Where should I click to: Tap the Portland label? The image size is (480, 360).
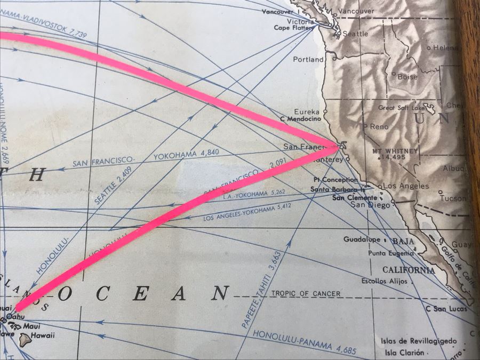click(308, 59)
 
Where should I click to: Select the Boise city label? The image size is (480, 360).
click(407, 77)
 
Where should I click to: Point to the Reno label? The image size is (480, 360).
click(379, 127)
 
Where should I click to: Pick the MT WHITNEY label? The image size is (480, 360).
click(395, 151)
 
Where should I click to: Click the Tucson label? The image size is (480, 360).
click(453, 198)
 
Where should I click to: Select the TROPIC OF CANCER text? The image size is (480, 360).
click(306, 294)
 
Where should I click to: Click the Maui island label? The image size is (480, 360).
click(33, 326)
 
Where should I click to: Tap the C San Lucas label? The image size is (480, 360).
click(442, 309)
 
